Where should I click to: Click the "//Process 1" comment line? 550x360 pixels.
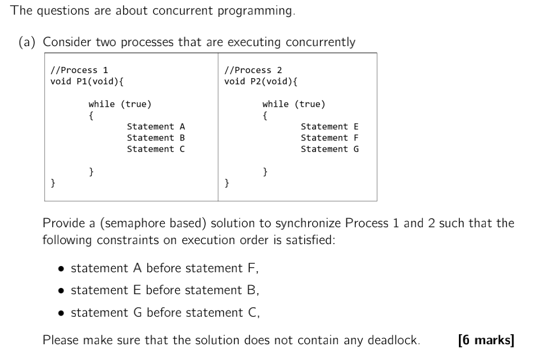coord(79,70)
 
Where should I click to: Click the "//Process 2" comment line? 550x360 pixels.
coord(253,70)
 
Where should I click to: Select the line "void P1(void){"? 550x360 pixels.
coord(87,82)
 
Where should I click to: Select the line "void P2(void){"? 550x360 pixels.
coord(260,82)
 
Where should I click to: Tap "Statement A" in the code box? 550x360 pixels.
coord(156,127)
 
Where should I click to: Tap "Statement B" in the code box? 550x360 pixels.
coord(156,138)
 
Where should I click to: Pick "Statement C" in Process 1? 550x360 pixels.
coord(156,149)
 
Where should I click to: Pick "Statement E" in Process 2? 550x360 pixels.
coord(330,127)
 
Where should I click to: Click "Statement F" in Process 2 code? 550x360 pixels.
coord(330,138)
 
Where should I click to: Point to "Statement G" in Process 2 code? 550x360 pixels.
coord(330,149)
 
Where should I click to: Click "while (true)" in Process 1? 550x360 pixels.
coord(120,104)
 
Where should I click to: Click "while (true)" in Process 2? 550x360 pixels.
coord(294,104)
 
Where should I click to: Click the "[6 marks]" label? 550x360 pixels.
coord(486,340)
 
